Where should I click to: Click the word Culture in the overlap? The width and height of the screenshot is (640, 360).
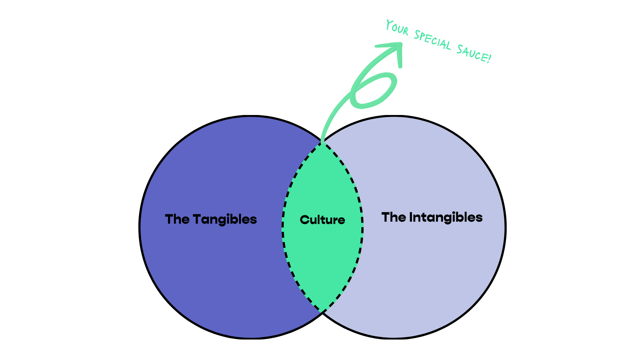[322, 220]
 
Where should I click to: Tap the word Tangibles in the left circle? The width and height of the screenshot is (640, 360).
[225, 220]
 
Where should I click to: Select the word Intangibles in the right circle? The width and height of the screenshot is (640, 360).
[446, 218]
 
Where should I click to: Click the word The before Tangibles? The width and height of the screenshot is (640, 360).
[177, 219]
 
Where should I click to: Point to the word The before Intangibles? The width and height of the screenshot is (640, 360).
[394, 217]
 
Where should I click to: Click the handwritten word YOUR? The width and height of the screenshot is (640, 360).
[397, 28]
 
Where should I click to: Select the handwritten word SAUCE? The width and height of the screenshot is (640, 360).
[473, 54]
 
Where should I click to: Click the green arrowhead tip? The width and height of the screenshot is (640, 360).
[401, 43]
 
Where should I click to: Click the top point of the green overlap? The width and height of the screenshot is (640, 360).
[322, 143]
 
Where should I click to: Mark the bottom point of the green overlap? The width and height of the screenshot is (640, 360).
[322, 312]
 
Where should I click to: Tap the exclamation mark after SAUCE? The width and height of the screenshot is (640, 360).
[489, 58]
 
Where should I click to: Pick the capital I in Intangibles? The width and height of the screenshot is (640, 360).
[411, 217]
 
